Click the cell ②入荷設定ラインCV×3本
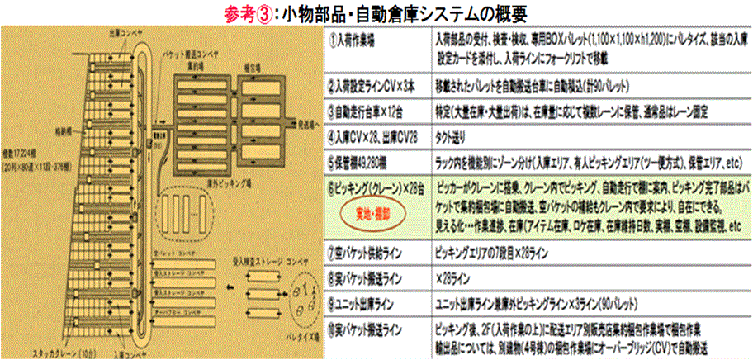(372, 85)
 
